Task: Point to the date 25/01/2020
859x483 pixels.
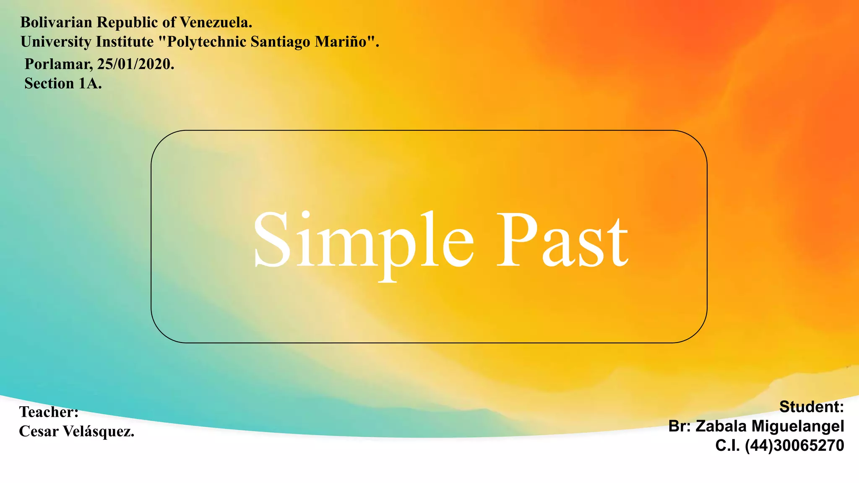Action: coord(135,64)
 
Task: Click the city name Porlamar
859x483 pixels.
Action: coord(59,64)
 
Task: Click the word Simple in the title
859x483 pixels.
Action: coord(363,241)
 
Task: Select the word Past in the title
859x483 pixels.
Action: coord(562,241)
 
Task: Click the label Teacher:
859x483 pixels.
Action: coord(49,412)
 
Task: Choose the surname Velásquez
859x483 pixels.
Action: coord(99,431)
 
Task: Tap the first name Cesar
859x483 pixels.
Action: coord(39,431)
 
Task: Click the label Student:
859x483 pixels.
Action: coord(811,407)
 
